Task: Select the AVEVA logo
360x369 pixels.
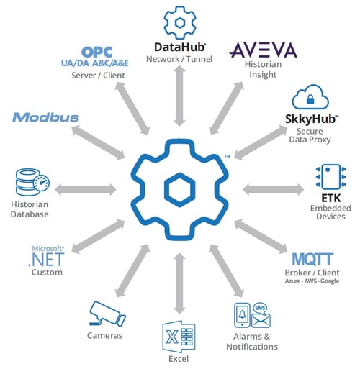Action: point(263,50)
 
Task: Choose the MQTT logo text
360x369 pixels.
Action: point(312,260)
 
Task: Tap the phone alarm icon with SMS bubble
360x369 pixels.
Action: point(249,316)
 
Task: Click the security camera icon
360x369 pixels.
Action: point(105,314)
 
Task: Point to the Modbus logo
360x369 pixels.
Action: point(45,117)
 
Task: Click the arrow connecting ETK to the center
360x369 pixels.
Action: point(267,190)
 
